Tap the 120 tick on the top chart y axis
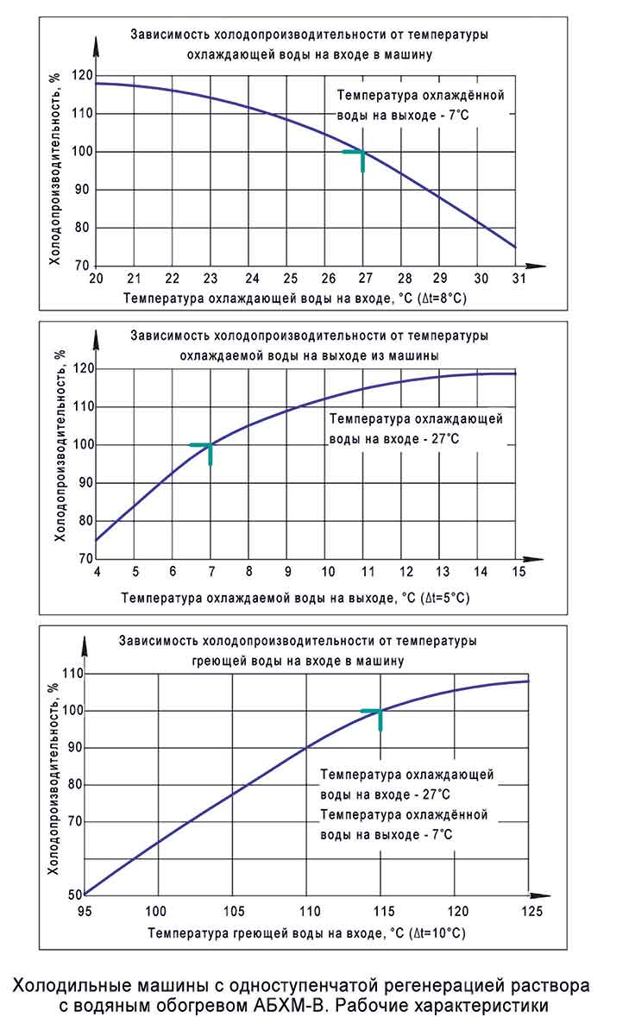point(83,76)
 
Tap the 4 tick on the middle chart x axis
point(97,572)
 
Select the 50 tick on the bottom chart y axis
point(73,895)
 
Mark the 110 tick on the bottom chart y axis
point(71,674)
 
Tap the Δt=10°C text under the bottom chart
point(434,933)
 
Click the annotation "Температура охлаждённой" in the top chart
point(419,96)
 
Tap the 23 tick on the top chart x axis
point(211,279)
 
